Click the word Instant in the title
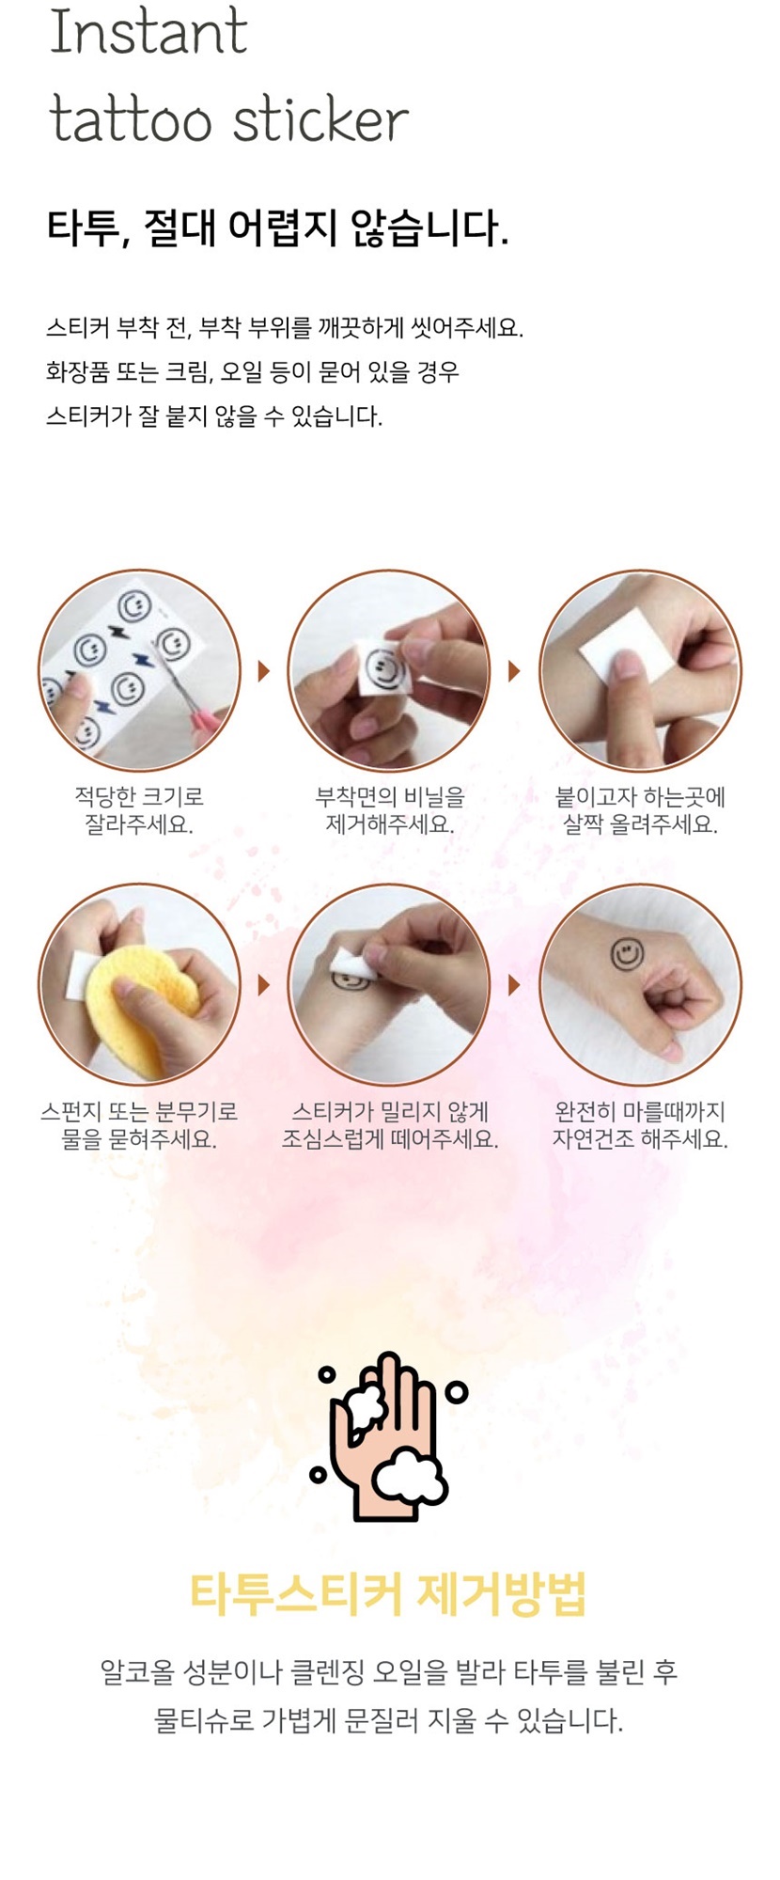click(x=148, y=32)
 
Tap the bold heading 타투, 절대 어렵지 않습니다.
click(x=277, y=227)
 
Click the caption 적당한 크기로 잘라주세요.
click(x=139, y=811)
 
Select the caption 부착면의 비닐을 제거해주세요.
click(x=390, y=811)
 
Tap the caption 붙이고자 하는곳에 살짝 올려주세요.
click(x=640, y=811)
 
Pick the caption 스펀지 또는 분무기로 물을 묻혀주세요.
click(x=139, y=1125)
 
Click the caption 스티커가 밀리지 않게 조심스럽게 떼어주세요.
click(x=390, y=1125)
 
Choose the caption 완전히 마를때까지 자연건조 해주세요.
click(x=640, y=1125)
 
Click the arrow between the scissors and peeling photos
click(x=264, y=670)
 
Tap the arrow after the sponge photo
click(x=264, y=984)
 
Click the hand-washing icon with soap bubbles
click(x=388, y=1435)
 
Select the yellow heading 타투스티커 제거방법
click(x=388, y=1593)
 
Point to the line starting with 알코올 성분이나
click(x=389, y=1672)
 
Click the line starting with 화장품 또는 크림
click(x=253, y=372)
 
